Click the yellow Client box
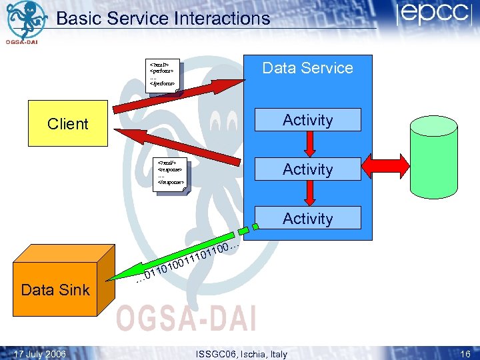[67, 123]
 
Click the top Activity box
[307, 120]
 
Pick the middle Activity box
[307, 169]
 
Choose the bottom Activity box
[307, 218]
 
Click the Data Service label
[307, 68]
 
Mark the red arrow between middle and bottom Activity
[308, 193]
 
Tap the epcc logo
[433, 15]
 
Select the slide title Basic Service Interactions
[163, 18]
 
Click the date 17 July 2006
[40, 354]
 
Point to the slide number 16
[464, 354]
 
